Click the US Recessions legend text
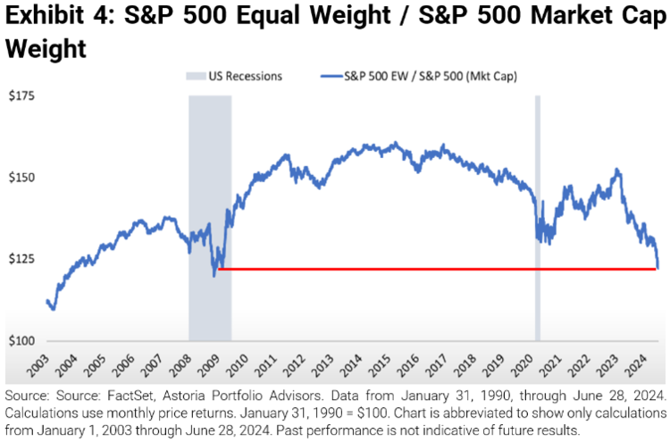click(x=246, y=76)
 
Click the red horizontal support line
click(x=429, y=269)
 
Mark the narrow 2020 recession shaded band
click(x=538, y=214)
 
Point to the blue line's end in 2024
click(x=657, y=267)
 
